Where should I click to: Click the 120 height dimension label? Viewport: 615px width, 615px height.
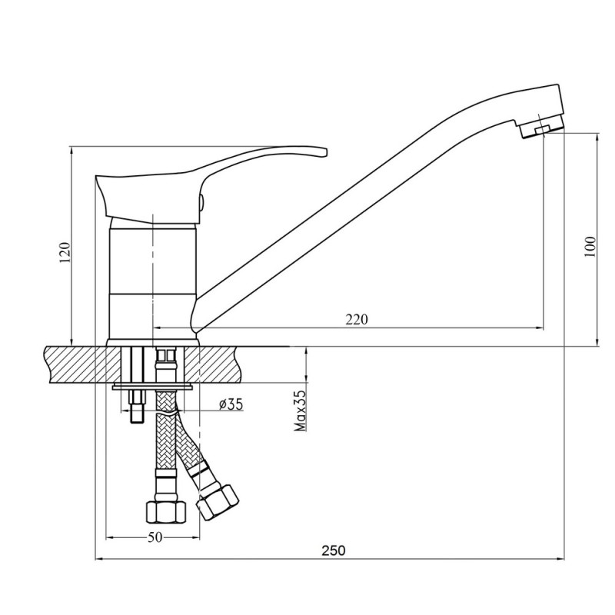pyautogui.click(x=65, y=253)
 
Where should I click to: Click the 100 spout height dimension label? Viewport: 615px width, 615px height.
pyautogui.click(x=590, y=247)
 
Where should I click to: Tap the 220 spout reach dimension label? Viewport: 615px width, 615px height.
pyautogui.click(x=357, y=320)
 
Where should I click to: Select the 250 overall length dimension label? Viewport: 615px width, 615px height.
pyautogui.click(x=334, y=550)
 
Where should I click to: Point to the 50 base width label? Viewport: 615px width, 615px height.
pyautogui.click(x=155, y=537)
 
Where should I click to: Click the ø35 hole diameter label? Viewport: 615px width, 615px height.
pyautogui.click(x=231, y=404)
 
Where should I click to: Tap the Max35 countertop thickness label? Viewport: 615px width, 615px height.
pyautogui.click(x=300, y=411)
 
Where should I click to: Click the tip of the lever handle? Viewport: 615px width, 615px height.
pyautogui.click(x=325, y=152)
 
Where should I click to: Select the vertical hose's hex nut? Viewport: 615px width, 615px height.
pyautogui.click(x=166, y=511)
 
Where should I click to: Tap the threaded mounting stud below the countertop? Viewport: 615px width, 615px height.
pyautogui.click(x=137, y=407)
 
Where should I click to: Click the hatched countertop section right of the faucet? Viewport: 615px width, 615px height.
pyautogui.click(x=215, y=364)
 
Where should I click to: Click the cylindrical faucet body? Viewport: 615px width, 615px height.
pyautogui.click(x=151, y=280)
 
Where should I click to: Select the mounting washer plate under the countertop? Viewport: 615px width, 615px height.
pyautogui.click(x=152, y=387)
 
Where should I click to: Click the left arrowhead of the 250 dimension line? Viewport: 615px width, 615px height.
pyautogui.click(x=100, y=559)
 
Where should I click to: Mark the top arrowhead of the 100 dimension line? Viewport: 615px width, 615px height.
pyautogui.click(x=597, y=138)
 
